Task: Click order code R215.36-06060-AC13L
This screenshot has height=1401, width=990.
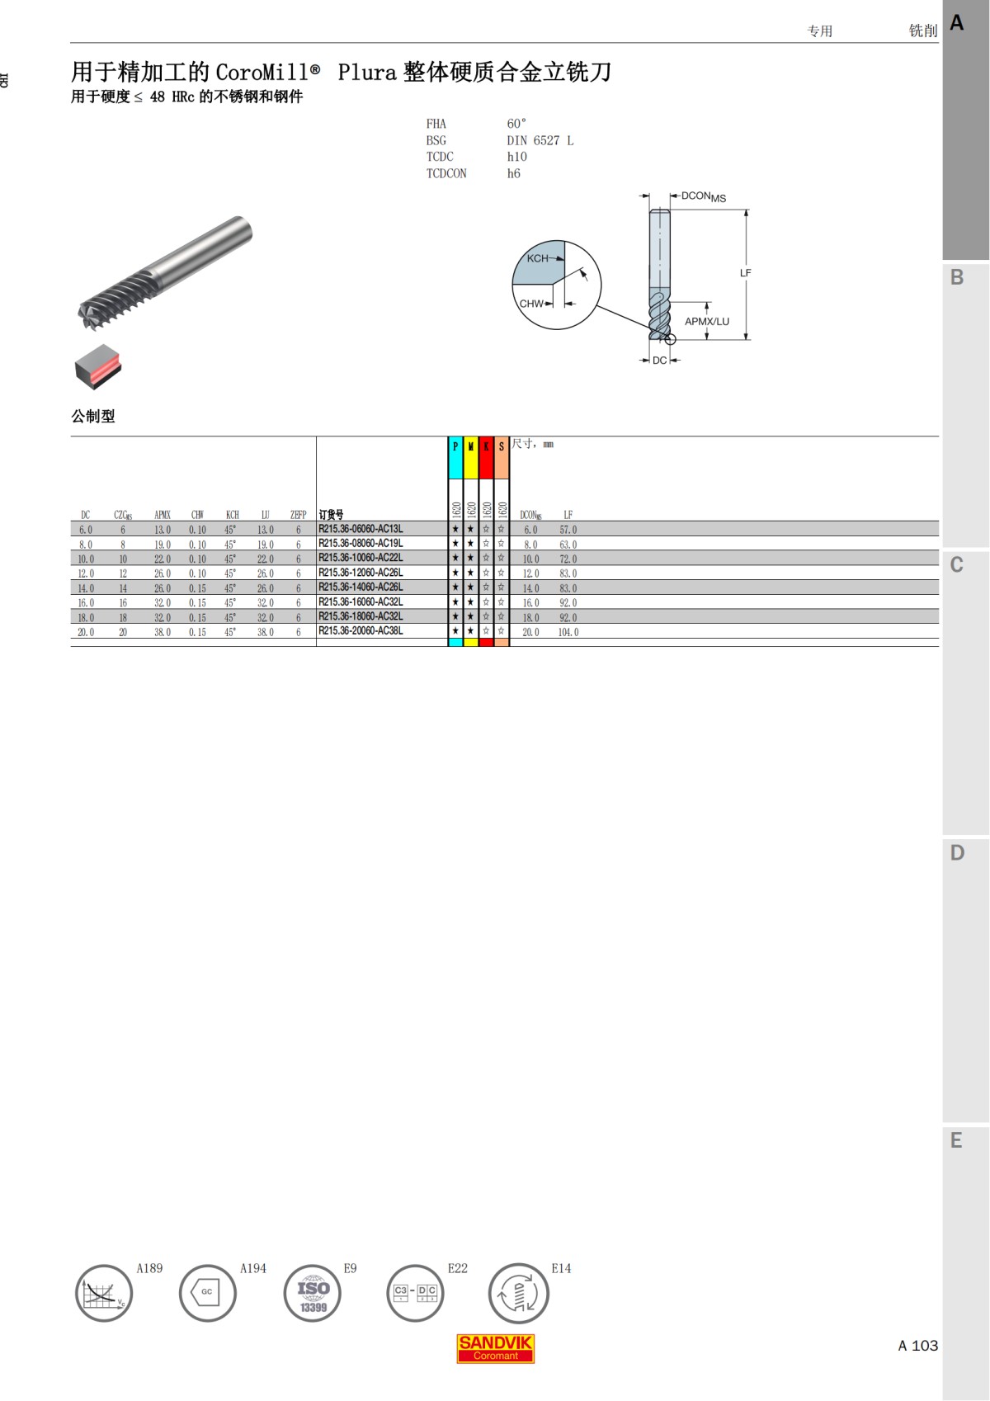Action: (361, 529)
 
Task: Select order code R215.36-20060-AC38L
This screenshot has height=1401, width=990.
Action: (361, 630)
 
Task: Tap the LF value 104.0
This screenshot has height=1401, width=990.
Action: (568, 632)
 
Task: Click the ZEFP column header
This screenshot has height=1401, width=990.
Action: (298, 515)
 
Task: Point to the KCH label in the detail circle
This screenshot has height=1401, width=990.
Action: (537, 258)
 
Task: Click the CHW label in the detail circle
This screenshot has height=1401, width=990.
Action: (531, 304)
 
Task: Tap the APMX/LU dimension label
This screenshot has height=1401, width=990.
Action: (707, 322)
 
